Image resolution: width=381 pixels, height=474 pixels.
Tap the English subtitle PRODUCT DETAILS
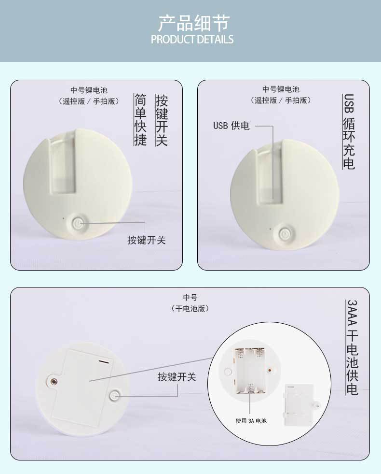coord(192,39)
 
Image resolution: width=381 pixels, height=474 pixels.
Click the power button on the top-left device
coord(78,223)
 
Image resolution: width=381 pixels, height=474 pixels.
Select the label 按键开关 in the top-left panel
coord(146,240)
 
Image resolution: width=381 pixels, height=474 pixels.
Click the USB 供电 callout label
coord(231,126)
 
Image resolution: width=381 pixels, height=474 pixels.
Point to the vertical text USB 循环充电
coord(349,131)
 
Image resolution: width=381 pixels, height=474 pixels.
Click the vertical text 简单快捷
coord(140,119)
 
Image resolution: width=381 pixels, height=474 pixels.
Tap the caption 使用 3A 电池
coord(251,420)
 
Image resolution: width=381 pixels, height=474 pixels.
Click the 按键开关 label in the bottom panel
coord(177,377)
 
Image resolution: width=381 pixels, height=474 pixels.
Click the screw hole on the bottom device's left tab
coord(54,381)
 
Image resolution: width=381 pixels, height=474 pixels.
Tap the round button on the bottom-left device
coord(114,396)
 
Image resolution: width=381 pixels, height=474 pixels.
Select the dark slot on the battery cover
coord(104,360)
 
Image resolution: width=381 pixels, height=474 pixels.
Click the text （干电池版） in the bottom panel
coord(190,308)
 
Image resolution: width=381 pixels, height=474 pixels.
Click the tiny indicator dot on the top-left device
coord(63,217)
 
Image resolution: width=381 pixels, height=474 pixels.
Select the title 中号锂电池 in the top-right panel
coord(280,89)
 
